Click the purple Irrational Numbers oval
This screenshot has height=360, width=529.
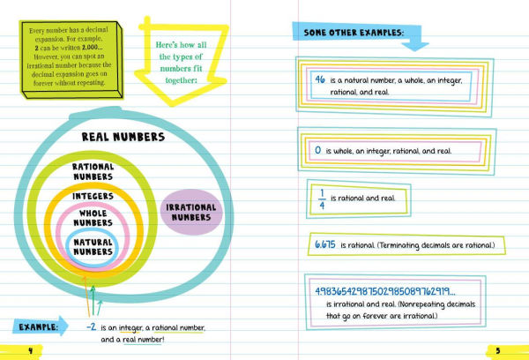(x=191, y=212)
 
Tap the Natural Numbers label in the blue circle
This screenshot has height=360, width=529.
(x=93, y=247)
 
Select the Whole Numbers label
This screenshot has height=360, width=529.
(x=93, y=218)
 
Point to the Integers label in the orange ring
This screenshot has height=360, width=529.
(x=93, y=196)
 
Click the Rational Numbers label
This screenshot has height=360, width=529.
(x=93, y=171)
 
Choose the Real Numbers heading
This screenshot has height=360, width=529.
(x=123, y=137)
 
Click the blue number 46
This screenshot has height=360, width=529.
(x=320, y=79)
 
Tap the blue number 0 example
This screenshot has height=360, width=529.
(x=317, y=150)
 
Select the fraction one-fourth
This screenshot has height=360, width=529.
(x=322, y=199)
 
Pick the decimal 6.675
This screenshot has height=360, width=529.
(x=325, y=244)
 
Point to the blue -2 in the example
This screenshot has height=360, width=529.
(x=91, y=326)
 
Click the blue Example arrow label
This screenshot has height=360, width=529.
(x=41, y=326)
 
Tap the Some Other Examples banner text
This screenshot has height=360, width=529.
(x=354, y=33)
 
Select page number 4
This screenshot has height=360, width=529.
(x=30, y=351)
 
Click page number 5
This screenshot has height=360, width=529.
(x=498, y=351)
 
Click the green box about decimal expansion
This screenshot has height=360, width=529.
(x=71, y=60)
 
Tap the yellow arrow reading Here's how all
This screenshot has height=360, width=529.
(x=181, y=61)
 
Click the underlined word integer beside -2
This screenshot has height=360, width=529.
(x=130, y=328)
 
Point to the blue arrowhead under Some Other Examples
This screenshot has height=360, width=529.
(x=415, y=46)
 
